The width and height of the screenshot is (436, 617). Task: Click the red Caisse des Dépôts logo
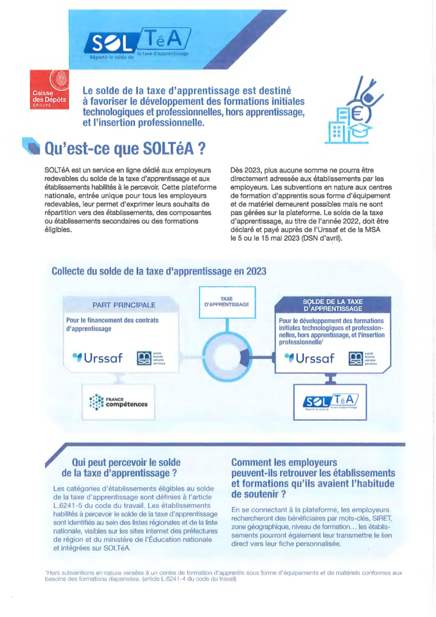click(x=49, y=90)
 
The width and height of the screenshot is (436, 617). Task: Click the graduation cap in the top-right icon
click(x=358, y=131)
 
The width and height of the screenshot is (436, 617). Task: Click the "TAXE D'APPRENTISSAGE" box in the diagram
click(x=227, y=302)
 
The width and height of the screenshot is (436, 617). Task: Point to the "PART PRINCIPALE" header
click(x=124, y=305)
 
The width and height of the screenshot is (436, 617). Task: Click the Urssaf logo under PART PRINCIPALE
click(x=98, y=358)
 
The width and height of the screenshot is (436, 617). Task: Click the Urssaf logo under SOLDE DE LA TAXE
click(x=310, y=358)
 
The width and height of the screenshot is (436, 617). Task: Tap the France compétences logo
click(x=118, y=402)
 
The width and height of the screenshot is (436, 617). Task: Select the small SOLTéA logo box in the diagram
click(x=330, y=402)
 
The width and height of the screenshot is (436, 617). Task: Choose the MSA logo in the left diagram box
click(x=151, y=358)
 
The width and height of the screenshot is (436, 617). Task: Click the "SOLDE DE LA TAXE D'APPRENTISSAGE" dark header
click(x=333, y=305)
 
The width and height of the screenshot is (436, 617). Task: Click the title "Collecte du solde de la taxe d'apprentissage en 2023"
click(x=159, y=271)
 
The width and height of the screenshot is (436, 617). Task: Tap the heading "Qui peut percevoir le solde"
click(x=126, y=462)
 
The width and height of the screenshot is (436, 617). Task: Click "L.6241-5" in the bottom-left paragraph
click(x=68, y=506)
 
